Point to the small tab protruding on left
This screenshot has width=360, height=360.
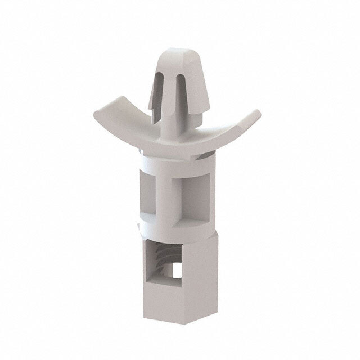coord(137,226)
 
